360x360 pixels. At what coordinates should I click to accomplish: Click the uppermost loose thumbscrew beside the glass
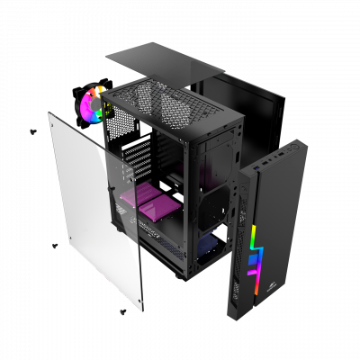(33, 132)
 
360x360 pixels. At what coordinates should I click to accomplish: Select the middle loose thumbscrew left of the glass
(55, 245)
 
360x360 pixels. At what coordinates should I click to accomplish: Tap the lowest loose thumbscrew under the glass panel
(121, 311)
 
